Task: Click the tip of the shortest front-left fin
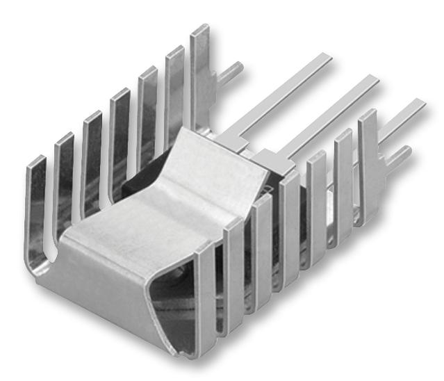click(36, 161)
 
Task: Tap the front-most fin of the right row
click(206, 292)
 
